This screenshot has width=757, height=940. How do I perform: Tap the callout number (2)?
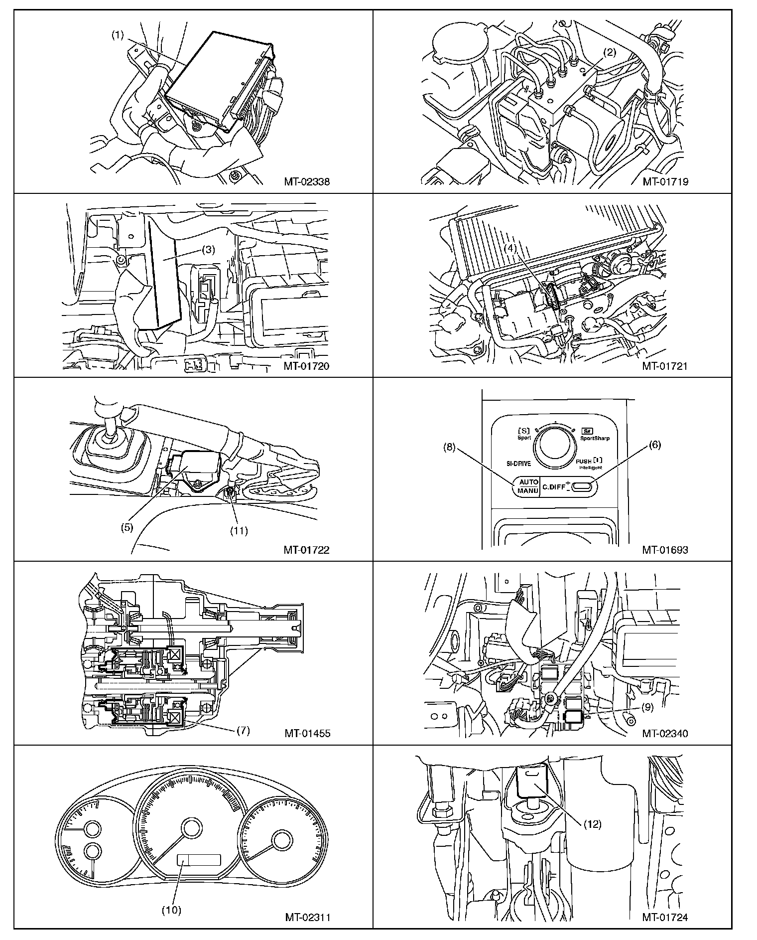click(x=610, y=51)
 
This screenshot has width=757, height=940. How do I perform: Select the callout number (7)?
click(x=243, y=731)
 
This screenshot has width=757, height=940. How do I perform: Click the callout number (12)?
click(x=593, y=824)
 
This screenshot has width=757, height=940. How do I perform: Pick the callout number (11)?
click(x=239, y=530)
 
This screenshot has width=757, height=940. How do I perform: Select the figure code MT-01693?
click(x=665, y=550)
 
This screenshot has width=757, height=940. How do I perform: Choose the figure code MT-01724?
click(x=665, y=917)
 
